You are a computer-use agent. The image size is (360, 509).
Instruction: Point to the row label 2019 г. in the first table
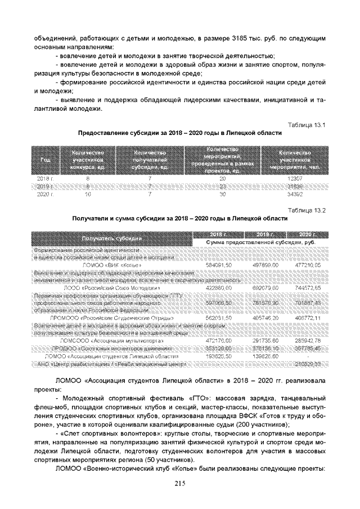pyautogui.click(x=43, y=186)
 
